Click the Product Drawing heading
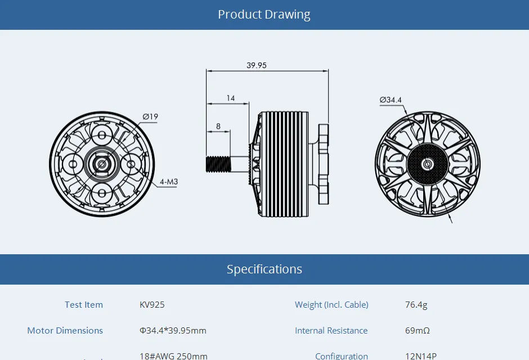(264, 15)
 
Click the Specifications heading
(264, 269)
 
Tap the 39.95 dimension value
(256, 65)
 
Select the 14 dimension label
(231, 98)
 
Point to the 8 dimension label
(218, 126)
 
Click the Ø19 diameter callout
(150, 117)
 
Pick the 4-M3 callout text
(168, 182)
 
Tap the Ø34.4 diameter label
(391, 100)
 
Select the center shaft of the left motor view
(102, 164)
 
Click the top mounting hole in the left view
(102, 135)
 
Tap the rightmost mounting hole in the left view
(131, 164)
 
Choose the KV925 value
(152, 305)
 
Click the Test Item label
(84, 305)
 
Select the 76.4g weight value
(416, 305)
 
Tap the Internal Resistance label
(331, 331)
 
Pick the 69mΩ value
(417, 331)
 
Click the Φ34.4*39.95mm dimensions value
(173, 331)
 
